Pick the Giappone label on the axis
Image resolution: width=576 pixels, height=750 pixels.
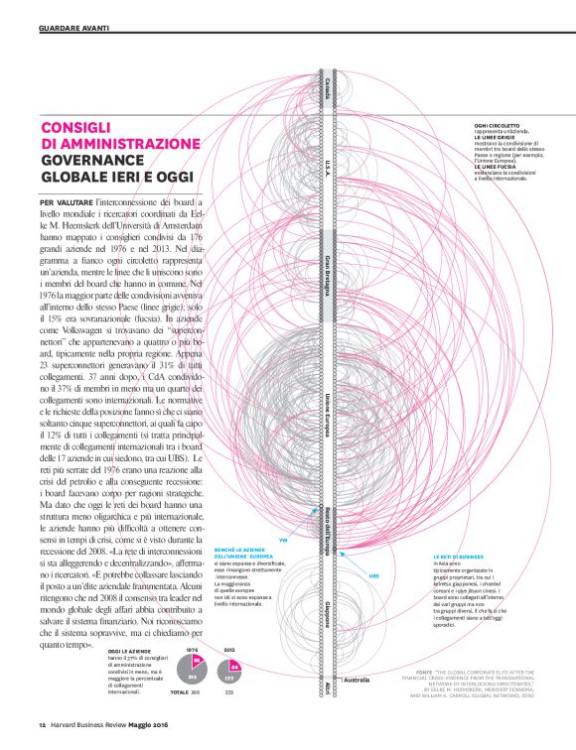(x=327, y=611)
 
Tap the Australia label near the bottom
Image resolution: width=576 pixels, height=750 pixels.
(x=356, y=681)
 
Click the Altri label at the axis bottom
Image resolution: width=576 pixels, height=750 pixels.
(x=327, y=686)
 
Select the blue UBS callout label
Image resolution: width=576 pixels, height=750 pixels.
(x=373, y=575)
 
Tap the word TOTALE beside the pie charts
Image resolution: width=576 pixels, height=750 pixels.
(x=180, y=690)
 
